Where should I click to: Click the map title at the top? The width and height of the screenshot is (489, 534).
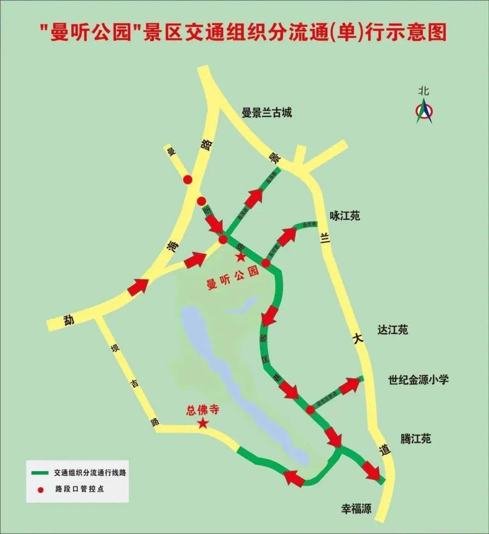tap(243, 33)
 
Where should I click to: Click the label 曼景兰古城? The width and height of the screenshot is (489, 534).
tap(267, 112)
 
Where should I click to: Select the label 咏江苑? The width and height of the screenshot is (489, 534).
tap(345, 216)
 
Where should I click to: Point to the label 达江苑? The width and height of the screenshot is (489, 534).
tap(393, 329)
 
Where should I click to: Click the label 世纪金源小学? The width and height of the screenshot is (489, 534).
tap(418, 379)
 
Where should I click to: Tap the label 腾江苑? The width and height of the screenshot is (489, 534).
tap(415, 438)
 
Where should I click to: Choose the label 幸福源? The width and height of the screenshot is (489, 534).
tap(356, 509)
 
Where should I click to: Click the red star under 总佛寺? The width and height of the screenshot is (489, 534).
tap(203, 424)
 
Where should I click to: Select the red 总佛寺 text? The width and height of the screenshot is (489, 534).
tap(202, 410)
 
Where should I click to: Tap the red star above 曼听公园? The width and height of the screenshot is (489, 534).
tap(240, 257)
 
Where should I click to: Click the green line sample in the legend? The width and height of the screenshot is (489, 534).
tap(40, 473)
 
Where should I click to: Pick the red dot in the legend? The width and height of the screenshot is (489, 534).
tap(41, 489)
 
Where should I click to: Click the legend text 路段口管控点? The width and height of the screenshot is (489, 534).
tap(80, 489)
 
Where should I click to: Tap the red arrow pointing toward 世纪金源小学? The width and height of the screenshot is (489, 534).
tap(350, 386)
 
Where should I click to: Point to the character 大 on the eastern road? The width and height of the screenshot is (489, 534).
tap(358, 338)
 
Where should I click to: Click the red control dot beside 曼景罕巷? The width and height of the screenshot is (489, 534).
tap(310, 410)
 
